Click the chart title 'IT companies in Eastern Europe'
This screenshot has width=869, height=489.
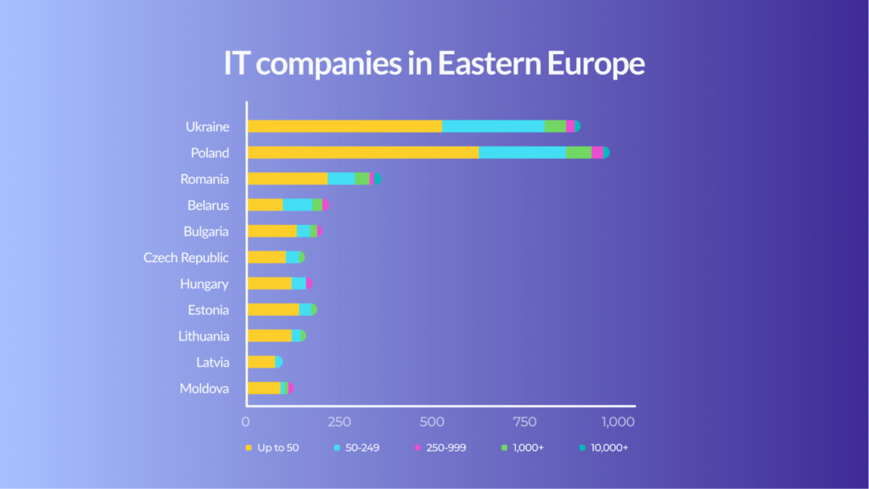(x=434, y=65)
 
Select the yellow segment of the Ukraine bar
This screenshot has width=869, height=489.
(x=345, y=126)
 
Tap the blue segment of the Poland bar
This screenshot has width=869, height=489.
(x=522, y=153)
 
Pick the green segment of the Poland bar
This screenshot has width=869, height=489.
(x=579, y=153)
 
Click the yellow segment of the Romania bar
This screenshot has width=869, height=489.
(x=287, y=179)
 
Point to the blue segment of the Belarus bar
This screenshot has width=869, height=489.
(x=297, y=205)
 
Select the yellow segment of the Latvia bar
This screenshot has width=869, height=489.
(x=261, y=363)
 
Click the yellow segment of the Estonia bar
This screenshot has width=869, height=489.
(x=272, y=310)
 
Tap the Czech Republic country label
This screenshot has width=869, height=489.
(x=186, y=257)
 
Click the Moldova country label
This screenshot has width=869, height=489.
(x=204, y=389)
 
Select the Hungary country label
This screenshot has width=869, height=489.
(x=204, y=284)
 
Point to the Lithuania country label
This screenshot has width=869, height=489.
(x=203, y=336)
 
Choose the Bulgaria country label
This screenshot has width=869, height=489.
(x=205, y=231)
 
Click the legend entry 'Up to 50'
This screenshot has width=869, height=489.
(x=278, y=447)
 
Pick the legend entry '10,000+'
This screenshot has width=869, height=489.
(x=608, y=447)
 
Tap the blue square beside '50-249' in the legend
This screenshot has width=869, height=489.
(x=337, y=447)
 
